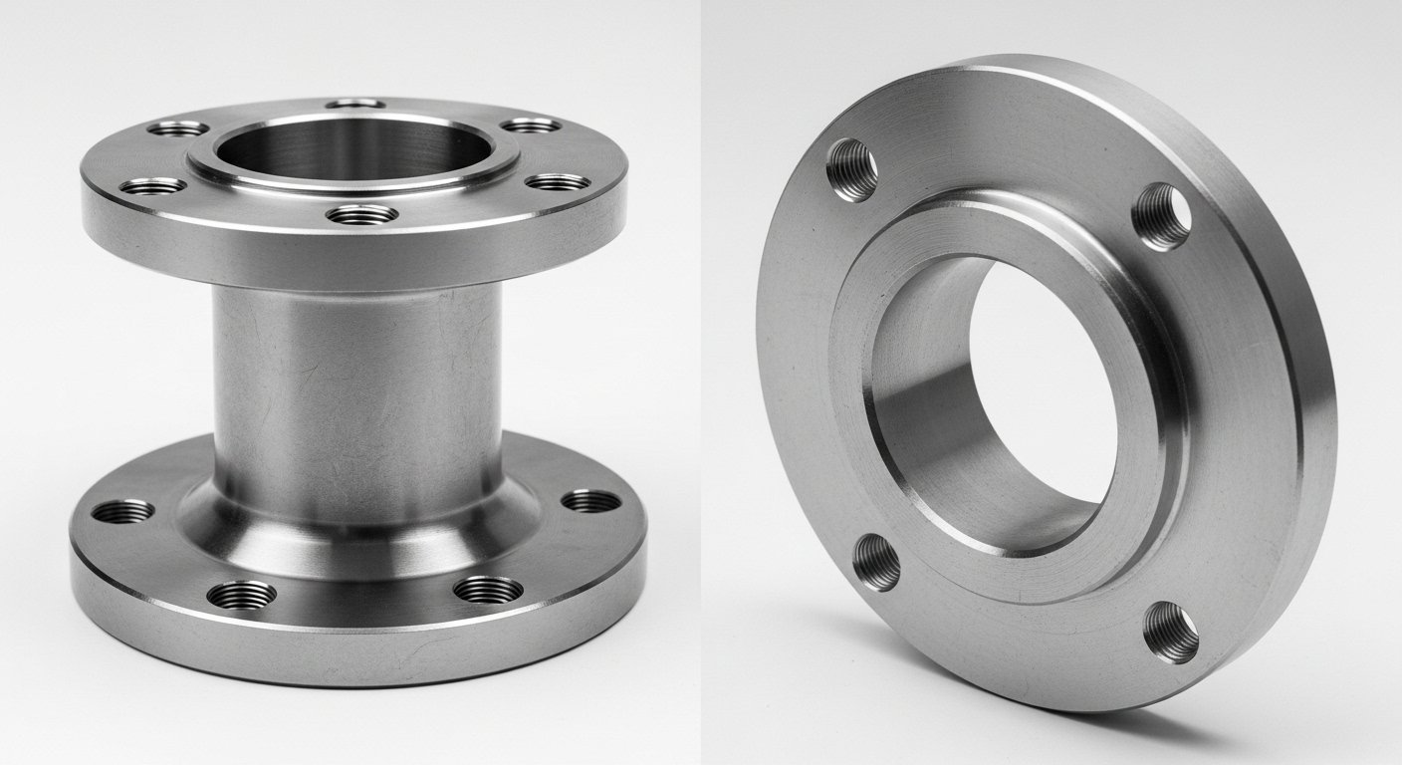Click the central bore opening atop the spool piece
(353, 149)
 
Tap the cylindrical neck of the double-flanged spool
(356, 379)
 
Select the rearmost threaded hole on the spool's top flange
(355, 104)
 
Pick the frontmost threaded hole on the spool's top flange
(362, 213)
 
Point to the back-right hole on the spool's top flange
(531, 126)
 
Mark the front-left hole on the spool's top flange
(152, 186)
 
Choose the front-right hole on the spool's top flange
(558, 182)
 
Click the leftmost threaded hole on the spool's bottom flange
(122, 512)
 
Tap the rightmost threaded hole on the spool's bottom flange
(590, 500)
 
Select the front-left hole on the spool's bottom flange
(242, 595)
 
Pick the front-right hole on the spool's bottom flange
(488, 589)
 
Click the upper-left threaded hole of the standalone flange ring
(853, 170)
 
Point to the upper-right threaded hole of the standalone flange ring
(1162, 216)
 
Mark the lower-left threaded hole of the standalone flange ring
(876, 562)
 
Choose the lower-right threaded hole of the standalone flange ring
(1171, 632)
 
